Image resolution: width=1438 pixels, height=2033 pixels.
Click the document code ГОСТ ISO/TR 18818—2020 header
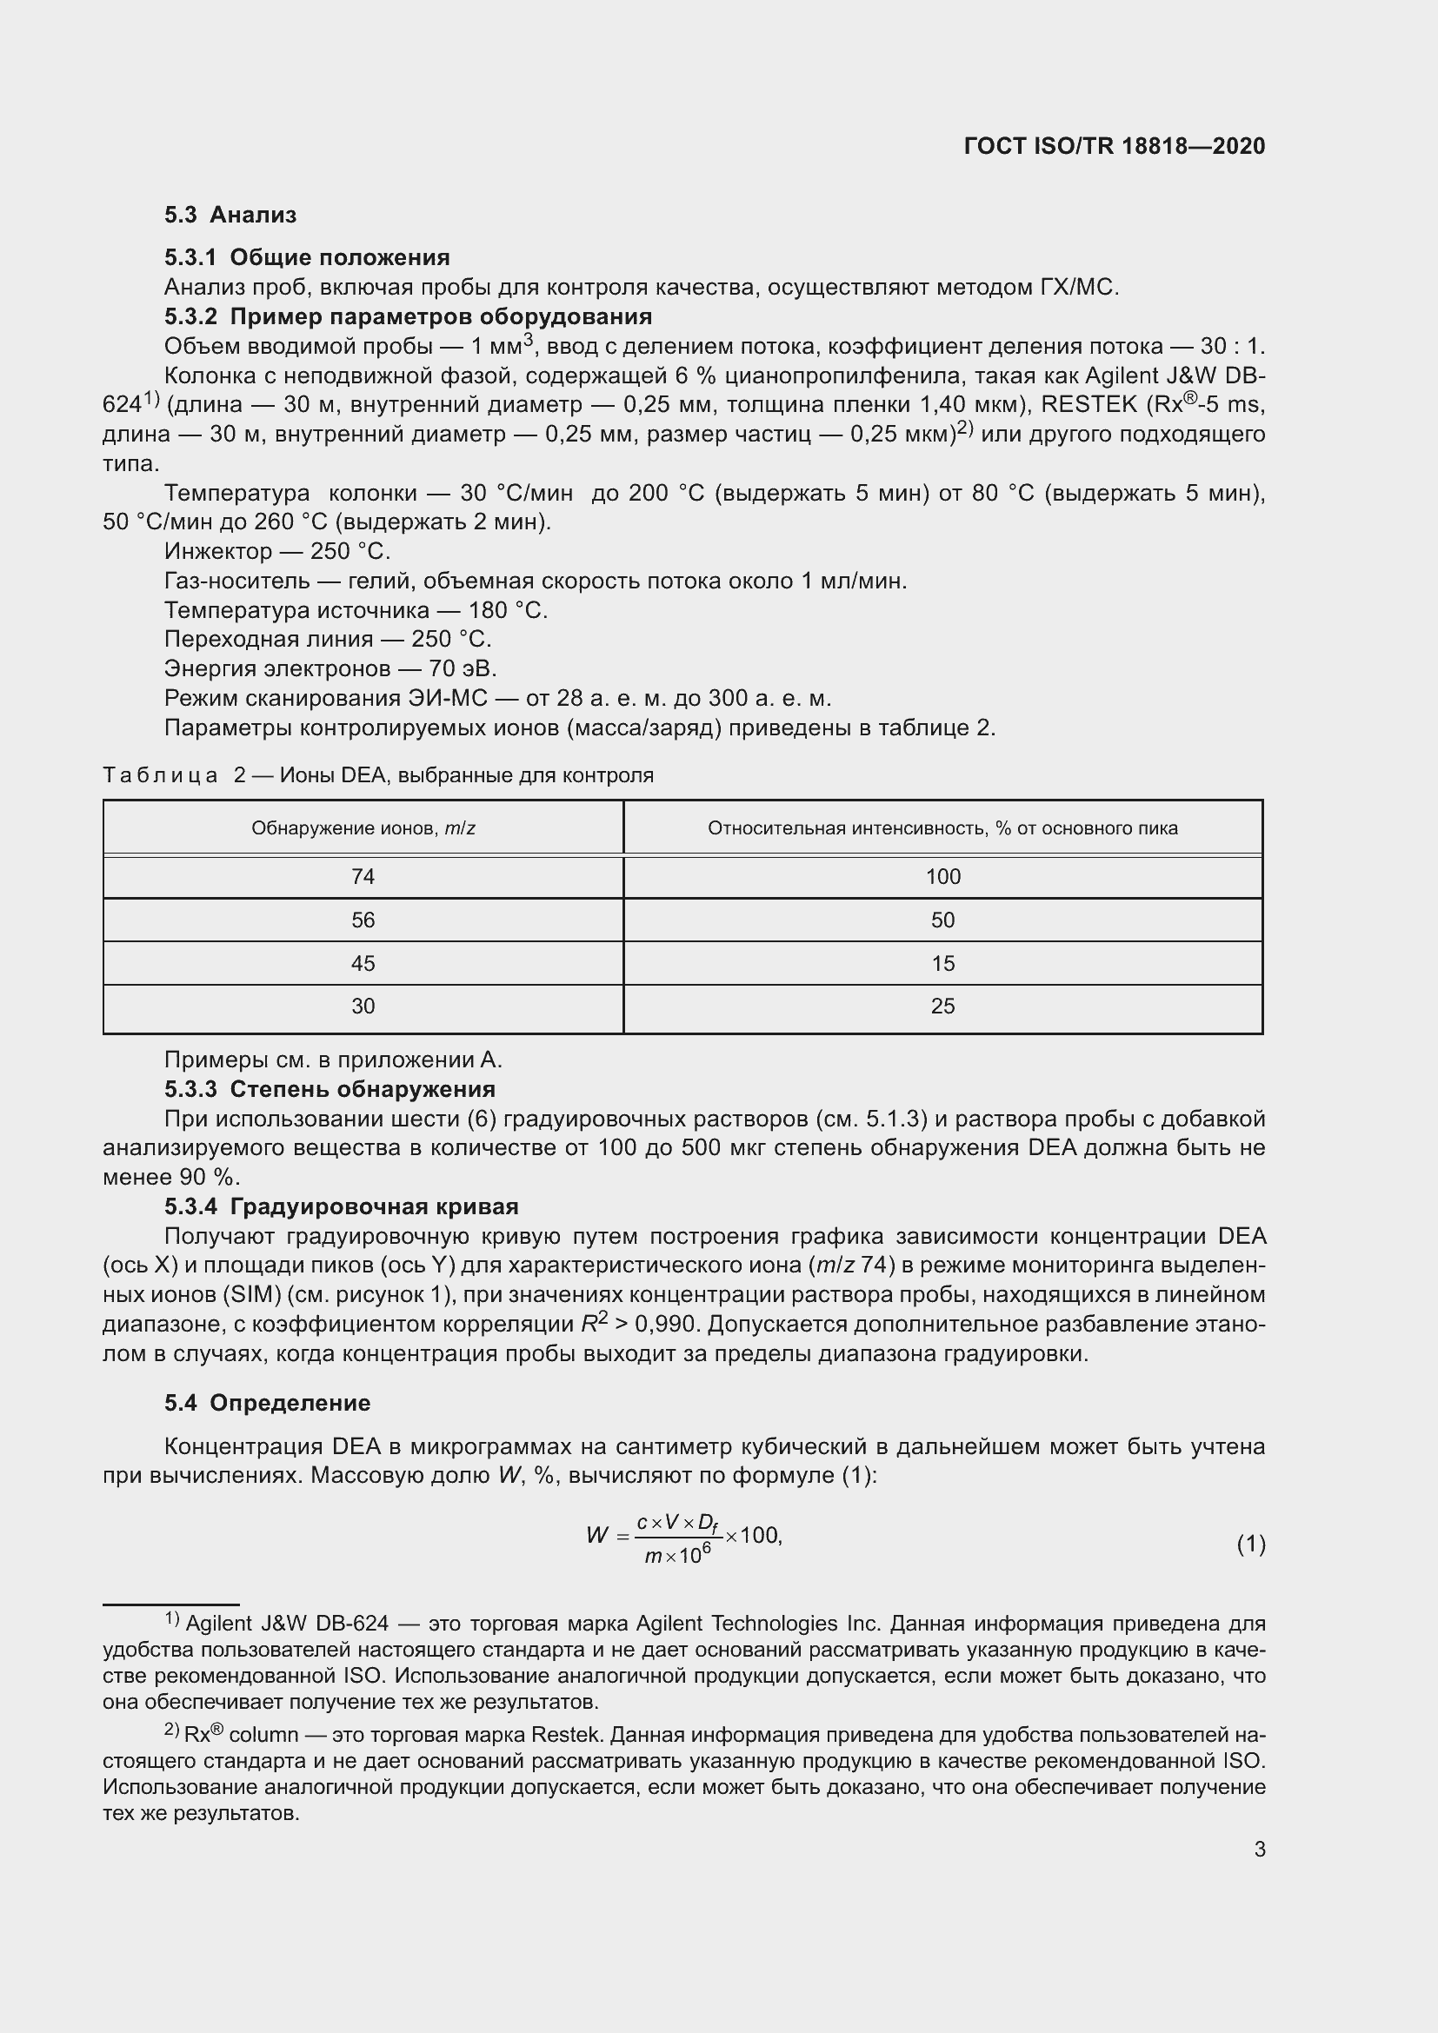1114,146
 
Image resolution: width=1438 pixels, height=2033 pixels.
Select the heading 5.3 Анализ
230,215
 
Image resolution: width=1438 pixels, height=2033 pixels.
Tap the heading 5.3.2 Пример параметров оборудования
409,316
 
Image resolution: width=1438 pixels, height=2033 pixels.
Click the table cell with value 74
363,877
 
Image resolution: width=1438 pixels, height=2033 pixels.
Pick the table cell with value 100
943,877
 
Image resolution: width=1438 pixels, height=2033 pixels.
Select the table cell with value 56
363,920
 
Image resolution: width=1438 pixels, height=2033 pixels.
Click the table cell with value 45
363,963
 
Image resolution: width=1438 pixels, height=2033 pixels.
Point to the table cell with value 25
943,1007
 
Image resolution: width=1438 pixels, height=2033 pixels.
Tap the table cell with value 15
943,963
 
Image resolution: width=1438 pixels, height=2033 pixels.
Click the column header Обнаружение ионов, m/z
363,828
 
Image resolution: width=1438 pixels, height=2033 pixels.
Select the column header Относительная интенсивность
942,828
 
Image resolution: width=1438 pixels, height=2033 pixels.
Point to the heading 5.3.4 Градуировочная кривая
342,1206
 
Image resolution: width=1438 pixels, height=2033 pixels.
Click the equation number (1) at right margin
1250,1545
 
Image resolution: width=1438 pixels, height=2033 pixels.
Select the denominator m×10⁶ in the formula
677,1555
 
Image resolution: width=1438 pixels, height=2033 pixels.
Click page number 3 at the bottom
1259,1849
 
